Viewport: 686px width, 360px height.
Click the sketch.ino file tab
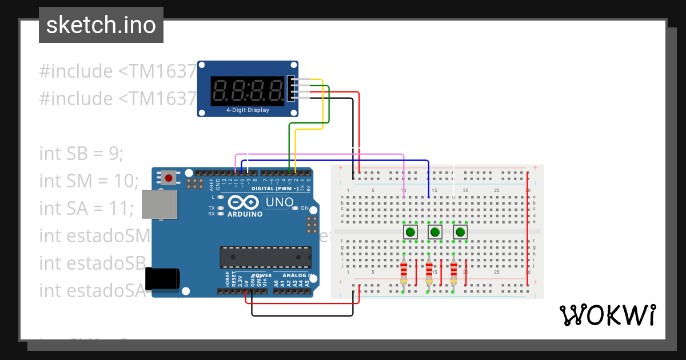click(101, 25)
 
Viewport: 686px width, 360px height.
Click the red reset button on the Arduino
click(169, 178)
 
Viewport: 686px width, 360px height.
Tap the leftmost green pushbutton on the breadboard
click(410, 232)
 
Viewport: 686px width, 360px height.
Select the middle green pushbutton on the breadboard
click(435, 232)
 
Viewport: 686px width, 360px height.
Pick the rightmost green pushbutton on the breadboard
click(460, 232)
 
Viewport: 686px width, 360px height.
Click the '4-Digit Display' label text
click(248, 110)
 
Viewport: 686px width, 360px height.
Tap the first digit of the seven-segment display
click(220, 90)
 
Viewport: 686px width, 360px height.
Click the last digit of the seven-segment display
click(276, 90)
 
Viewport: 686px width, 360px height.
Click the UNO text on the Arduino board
click(280, 202)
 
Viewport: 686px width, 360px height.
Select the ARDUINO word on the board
click(245, 214)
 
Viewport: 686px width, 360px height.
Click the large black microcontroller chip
click(266, 257)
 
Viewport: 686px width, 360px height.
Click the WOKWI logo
click(607, 315)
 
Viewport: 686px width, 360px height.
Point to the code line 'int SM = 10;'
click(89, 181)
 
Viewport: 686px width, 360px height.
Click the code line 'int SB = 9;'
click(81, 154)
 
